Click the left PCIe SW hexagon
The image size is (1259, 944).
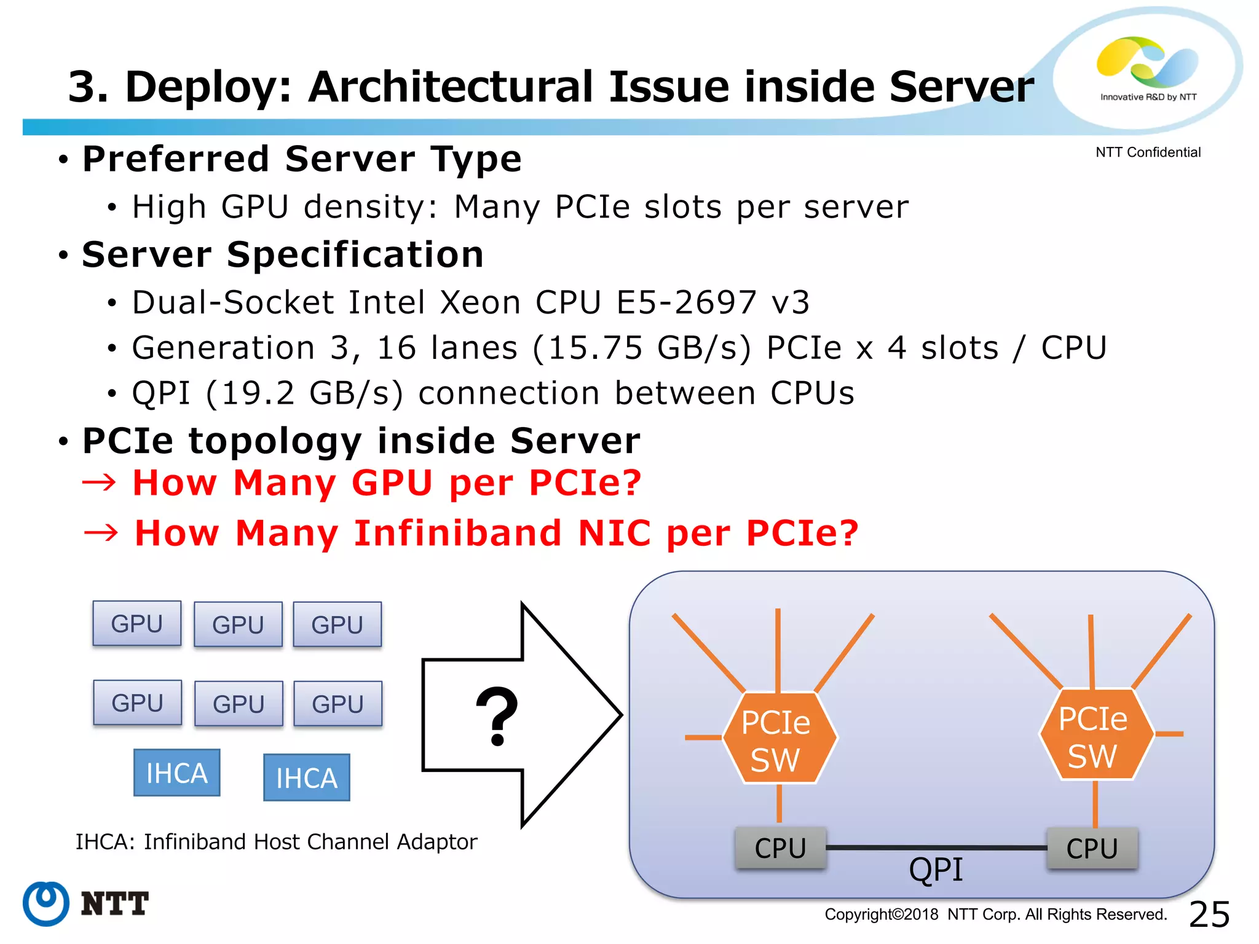779,738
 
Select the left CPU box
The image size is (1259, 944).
780,848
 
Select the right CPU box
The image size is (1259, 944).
1092,848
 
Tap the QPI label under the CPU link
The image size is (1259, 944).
936,870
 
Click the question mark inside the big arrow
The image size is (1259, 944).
497,717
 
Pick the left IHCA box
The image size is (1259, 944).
177,773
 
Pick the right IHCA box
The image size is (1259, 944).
306,777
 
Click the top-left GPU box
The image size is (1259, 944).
136,623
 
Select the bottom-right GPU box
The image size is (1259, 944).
337,703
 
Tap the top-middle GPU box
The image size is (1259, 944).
238,624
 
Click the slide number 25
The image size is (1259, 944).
1209,914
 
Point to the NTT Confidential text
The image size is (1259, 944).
1147,152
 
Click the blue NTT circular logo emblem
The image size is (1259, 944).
45,903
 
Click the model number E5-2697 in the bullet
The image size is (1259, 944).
686,302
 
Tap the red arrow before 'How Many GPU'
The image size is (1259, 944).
99,482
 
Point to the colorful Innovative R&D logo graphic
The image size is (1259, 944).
1146,61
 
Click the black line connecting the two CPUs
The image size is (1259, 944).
936,848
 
